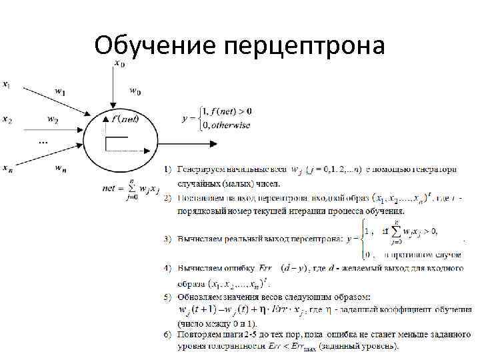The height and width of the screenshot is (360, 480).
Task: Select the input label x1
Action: [6, 85]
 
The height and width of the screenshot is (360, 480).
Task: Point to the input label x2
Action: [6, 120]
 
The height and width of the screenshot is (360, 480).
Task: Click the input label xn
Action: [6, 169]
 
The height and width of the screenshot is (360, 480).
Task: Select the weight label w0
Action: [135, 91]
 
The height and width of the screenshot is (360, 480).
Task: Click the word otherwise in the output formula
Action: [231, 125]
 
